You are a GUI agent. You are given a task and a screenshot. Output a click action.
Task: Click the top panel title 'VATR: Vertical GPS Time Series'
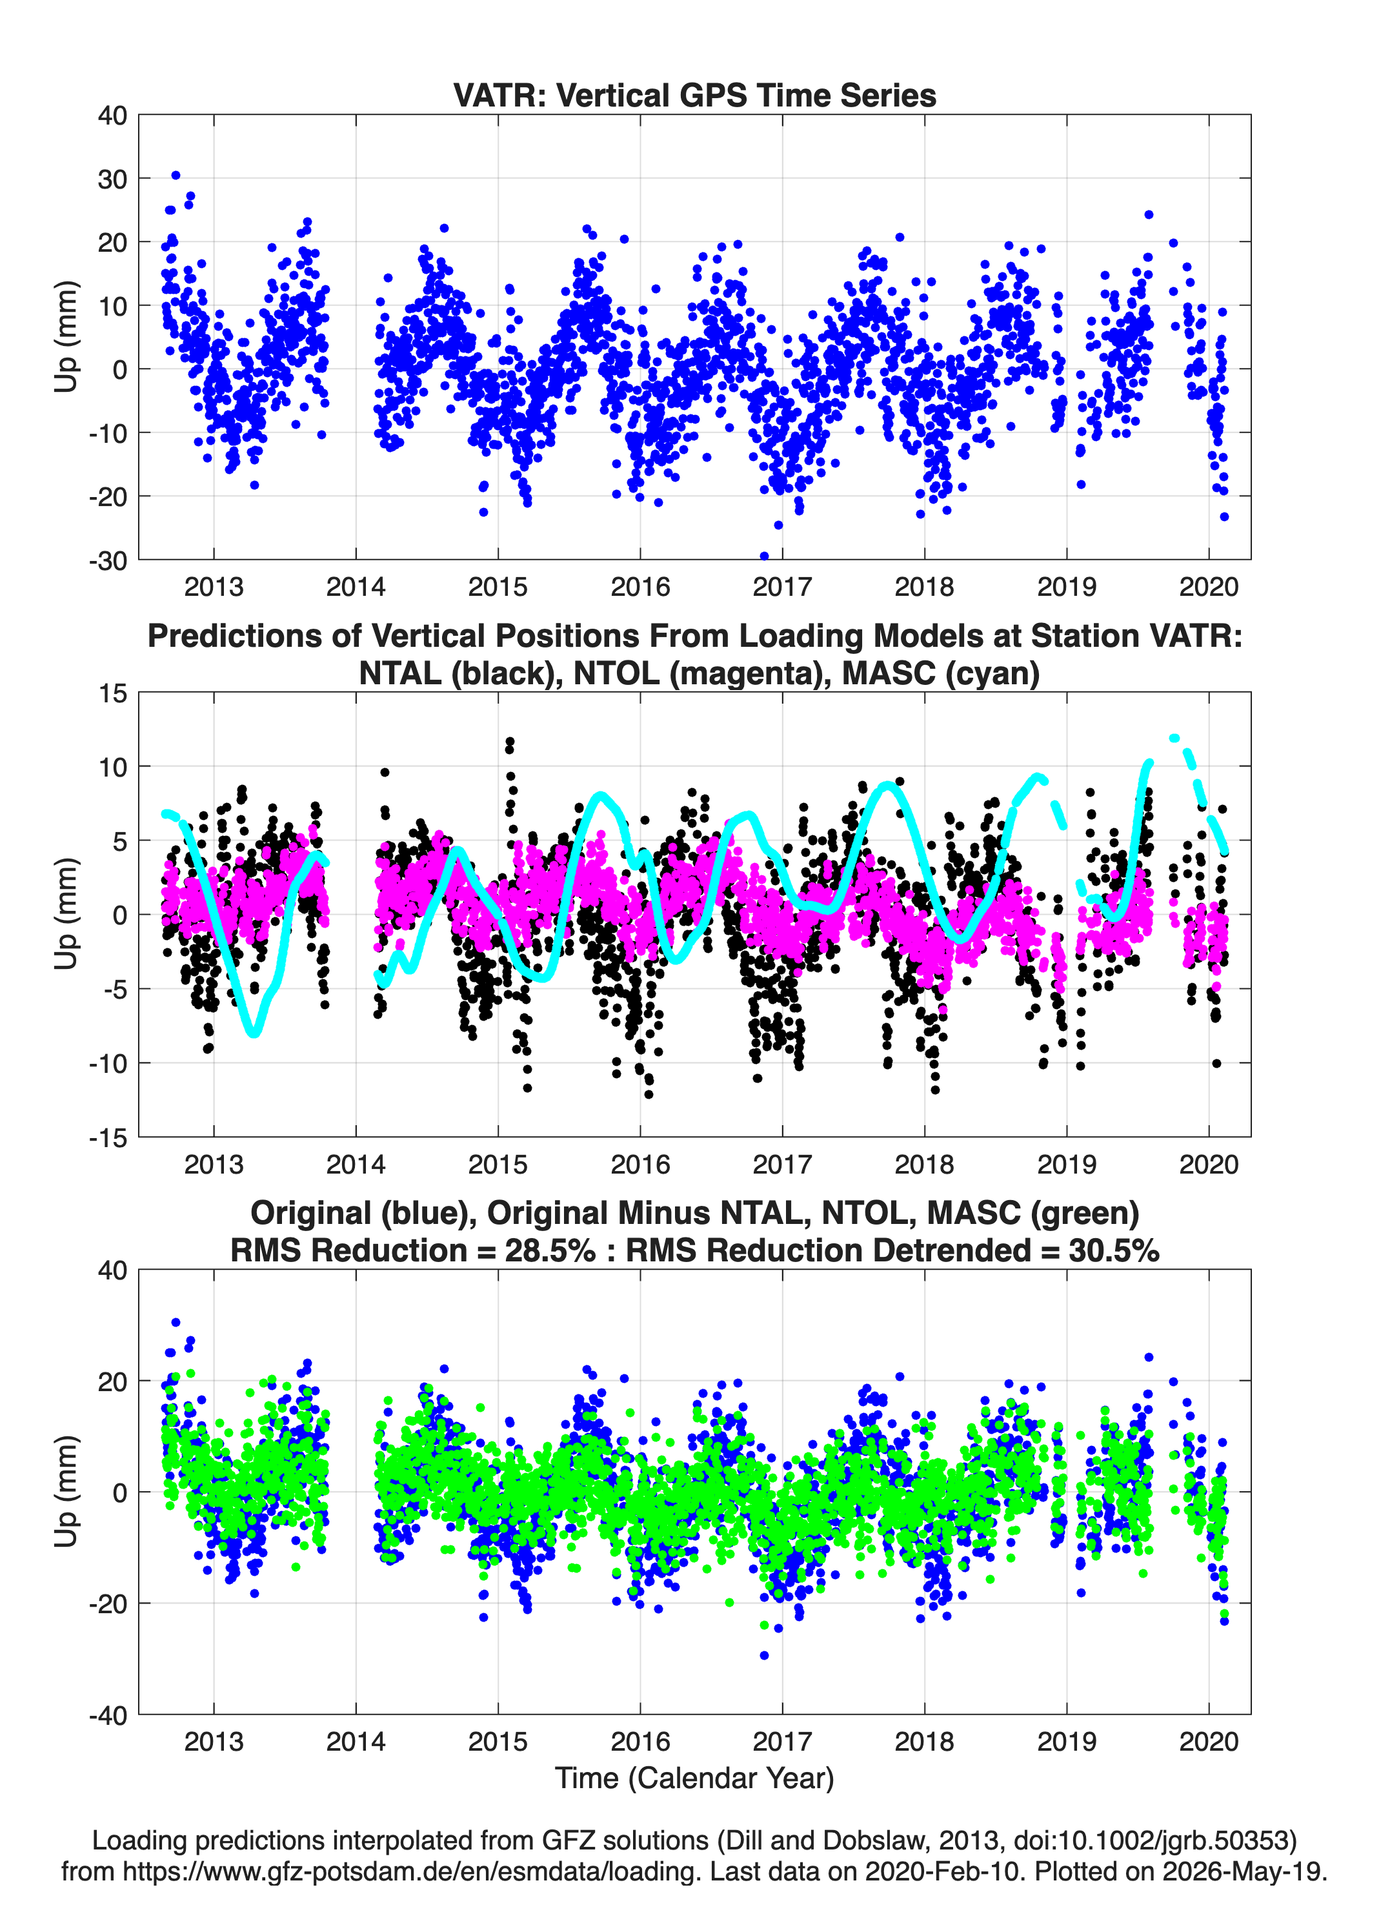[694, 95]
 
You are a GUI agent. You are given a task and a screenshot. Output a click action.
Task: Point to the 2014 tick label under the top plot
[356, 587]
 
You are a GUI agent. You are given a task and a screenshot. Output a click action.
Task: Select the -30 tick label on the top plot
[107, 560]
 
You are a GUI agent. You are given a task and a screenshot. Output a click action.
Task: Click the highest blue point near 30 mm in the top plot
[176, 176]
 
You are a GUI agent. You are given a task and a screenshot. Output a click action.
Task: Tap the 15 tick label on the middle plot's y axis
[113, 693]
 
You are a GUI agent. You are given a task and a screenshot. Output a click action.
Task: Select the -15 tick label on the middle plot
[107, 1137]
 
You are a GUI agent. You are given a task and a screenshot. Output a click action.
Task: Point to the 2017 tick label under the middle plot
[782, 1164]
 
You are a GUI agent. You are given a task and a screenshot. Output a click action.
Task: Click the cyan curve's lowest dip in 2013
[254, 1033]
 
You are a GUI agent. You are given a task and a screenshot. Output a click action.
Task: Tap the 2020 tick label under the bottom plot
[1209, 1741]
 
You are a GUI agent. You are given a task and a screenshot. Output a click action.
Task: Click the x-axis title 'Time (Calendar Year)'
[694, 1778]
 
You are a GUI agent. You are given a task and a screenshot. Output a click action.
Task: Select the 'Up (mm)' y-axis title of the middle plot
[66, 914]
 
